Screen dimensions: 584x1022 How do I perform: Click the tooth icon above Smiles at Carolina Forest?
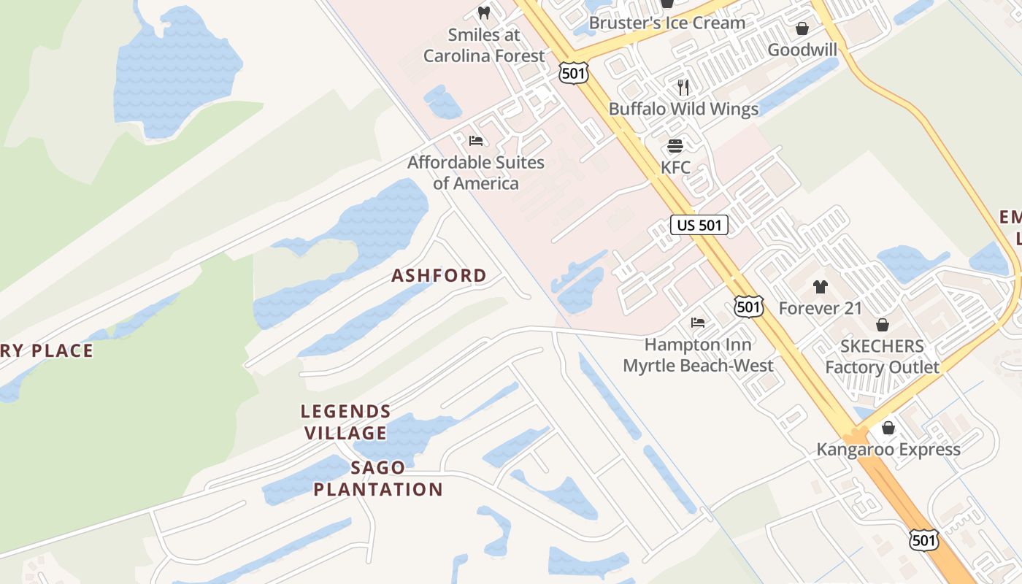(x=483, y=12)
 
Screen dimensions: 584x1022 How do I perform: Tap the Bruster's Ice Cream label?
(x=666, y=23)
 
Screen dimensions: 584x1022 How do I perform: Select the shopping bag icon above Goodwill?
(x=802, y=28)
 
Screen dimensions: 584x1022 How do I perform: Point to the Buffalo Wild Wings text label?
(x=683, y=109)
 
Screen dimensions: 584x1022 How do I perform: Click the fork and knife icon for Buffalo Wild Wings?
(x=683, y=88)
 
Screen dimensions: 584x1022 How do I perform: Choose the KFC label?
(x=675, y=167)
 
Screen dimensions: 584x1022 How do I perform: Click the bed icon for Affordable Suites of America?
(x=476, y=141)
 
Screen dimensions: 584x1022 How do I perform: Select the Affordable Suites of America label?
(x=476, y=172)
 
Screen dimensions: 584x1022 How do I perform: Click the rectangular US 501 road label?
(x=699, y=225)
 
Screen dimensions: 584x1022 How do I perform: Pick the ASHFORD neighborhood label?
(x=439, y=275)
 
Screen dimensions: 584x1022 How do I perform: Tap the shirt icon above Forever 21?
(x=820, y=287)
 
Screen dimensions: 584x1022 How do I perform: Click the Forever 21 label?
(x=820, y=308)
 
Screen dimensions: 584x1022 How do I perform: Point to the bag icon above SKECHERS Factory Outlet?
(x=882, y=325)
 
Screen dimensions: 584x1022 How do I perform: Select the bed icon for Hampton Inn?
(x=698, y=322)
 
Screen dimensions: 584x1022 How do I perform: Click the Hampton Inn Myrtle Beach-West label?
(x=698, y=354)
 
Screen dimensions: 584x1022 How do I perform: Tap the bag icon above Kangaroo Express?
(x=888, y=428)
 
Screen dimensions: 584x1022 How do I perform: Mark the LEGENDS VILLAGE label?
(x=345, y=422)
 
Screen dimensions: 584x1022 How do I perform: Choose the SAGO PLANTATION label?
(x=378, y=478)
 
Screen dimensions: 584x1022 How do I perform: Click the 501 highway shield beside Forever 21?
(x=749, y=307)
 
